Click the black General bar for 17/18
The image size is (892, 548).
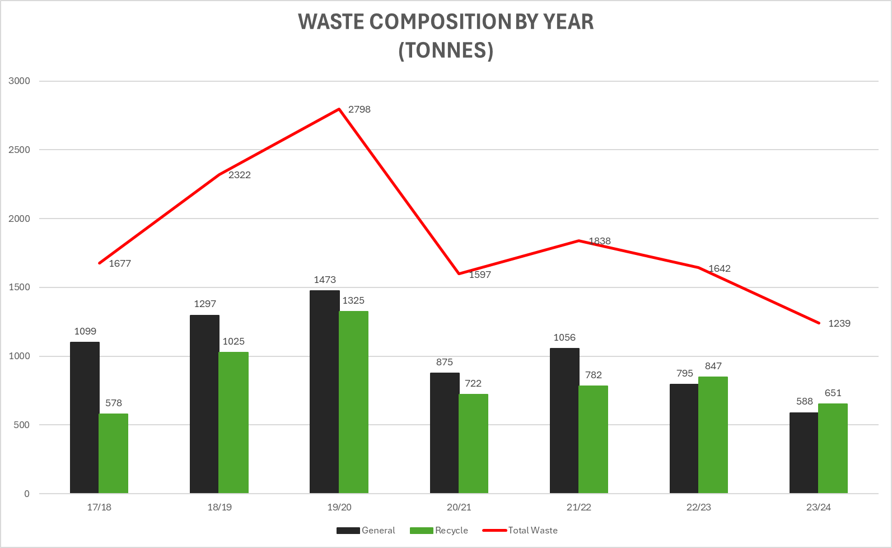coord(85,417)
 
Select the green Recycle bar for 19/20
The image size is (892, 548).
coord(353,402)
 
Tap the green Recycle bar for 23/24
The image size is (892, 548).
coord(833,448)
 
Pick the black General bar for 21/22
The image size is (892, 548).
coord(564,420)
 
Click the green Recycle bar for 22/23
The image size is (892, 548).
coord(713,435)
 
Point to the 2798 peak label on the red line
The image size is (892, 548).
coord(359,110)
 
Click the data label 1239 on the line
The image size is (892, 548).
coord(839,323)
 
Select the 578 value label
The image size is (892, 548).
coord(114,403)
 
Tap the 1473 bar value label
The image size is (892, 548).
coord(325,280)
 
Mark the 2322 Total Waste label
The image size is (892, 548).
coord(240,175)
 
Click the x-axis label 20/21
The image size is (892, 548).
coord(459,507)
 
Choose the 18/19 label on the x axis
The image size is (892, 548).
coord(220,507)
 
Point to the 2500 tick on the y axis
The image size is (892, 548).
coord(20,150)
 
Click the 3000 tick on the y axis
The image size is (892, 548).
coord(20,81)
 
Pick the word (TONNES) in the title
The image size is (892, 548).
coord(446,50)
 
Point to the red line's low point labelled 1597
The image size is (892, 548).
coord(459,273)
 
